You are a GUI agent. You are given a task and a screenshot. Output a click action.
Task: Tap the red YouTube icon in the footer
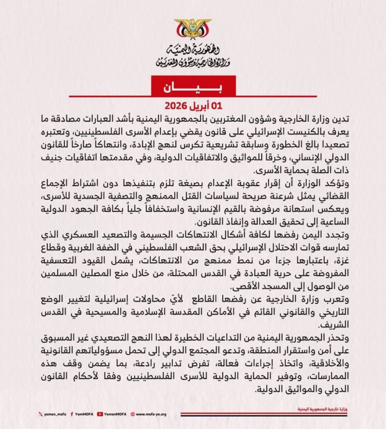[100, 414]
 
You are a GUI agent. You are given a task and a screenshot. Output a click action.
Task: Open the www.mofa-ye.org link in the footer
[151, 414]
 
